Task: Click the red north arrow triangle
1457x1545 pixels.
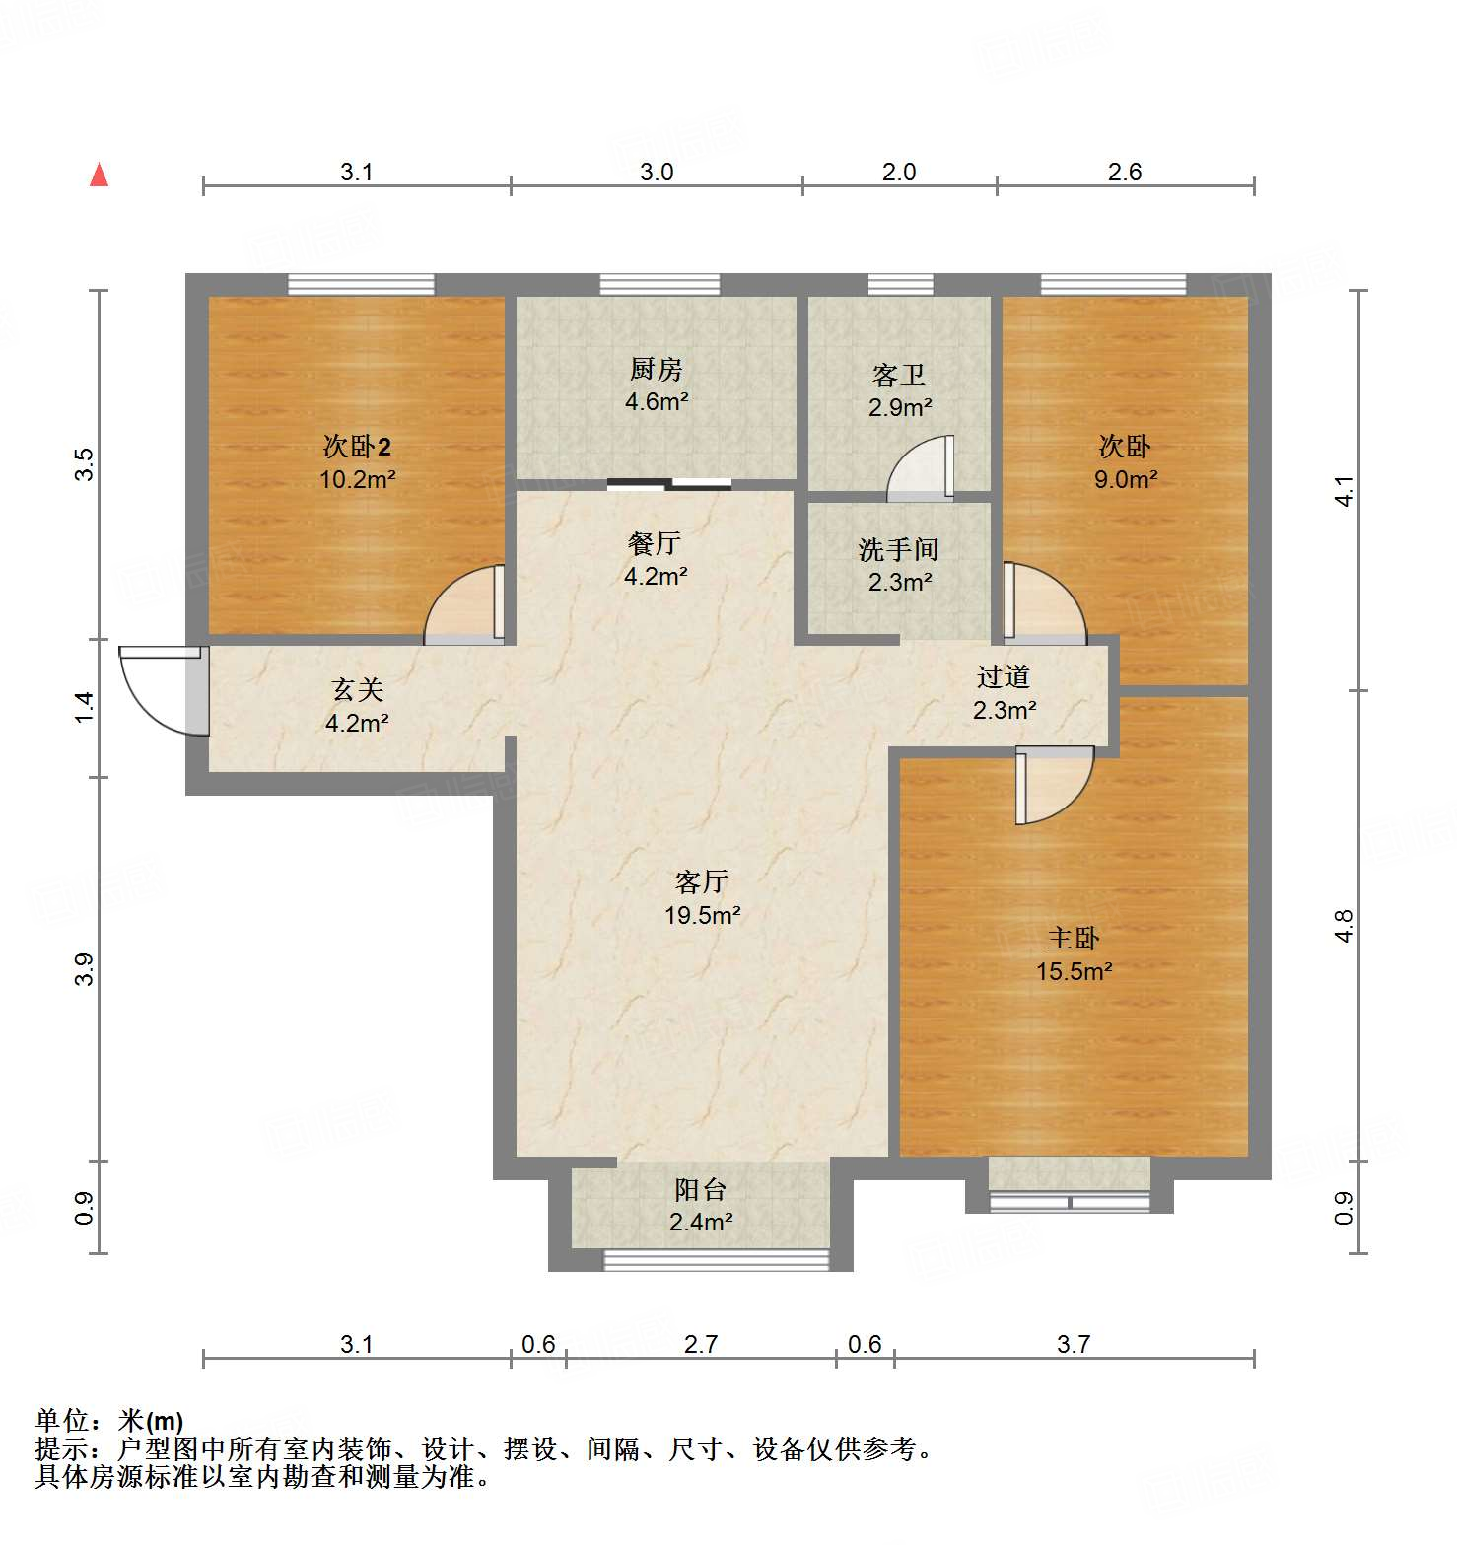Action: coord(99,176)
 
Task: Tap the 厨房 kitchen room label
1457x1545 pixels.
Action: coord(656,370)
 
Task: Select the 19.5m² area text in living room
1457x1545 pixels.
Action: coord(702,915)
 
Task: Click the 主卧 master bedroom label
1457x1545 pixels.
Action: coord(1073,938)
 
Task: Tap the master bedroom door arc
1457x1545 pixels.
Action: coord(1055,784)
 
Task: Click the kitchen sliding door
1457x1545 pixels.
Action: coord(669,484)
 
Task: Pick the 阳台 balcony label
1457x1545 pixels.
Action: coord(700,1189)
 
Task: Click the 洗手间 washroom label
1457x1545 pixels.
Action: coord(898,549)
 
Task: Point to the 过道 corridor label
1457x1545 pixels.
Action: coord(1004,676)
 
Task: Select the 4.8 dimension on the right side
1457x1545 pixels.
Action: coord(1345,926)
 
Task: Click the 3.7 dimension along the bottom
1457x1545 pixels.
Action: coord(1073,1344)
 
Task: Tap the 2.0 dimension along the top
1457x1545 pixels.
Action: coord(899,173)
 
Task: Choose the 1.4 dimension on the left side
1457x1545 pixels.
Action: coord(85,707)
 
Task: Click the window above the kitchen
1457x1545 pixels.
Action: coord(659,285)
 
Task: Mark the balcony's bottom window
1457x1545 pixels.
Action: coord(717,1259)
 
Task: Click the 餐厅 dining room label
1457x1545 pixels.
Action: coord(655,543)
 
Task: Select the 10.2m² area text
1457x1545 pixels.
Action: coord(357,480)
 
